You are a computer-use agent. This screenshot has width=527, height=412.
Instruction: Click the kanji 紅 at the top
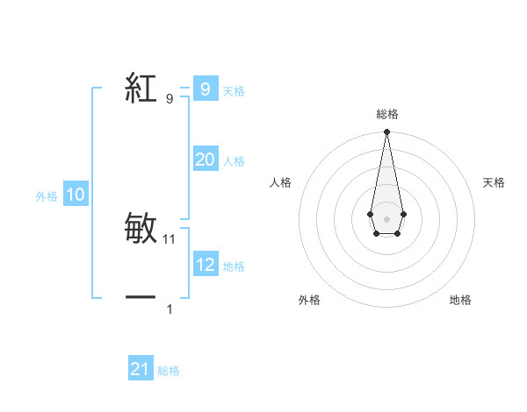tap(141, 89)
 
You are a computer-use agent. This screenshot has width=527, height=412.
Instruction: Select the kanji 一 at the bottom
tap(141, 299)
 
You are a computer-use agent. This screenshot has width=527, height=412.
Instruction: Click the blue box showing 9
tap(205, 89)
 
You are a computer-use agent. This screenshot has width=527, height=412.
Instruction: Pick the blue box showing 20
tap(205, 160)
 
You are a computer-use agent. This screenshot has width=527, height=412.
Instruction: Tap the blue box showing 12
tap(205, 264)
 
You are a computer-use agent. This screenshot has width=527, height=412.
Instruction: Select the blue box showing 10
tap(76, 195)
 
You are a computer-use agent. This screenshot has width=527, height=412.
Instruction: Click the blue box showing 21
tap(141, 369)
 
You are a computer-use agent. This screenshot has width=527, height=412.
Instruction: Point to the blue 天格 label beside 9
tap(234, 91)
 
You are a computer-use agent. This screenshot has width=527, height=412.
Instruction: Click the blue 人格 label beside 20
tap(234, 161)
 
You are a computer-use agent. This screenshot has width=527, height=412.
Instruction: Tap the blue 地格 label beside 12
tap(234, 266)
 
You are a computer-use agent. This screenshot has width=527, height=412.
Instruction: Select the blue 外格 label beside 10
tap(47, 196)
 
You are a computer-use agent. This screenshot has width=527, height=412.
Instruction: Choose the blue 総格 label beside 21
tap(169, 371)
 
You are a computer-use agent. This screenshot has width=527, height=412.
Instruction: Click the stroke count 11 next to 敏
tap(170, 238)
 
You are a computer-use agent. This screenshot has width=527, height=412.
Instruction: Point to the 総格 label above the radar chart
tap(386, 114)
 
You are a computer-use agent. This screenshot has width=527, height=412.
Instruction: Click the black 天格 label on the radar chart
tap(495, 182)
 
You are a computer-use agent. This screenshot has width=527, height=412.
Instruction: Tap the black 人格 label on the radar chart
tap(280, 182)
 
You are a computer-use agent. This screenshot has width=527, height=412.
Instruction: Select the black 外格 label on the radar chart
tap(309, 301)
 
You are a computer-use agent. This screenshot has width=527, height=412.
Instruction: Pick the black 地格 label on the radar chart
tap(460, 301)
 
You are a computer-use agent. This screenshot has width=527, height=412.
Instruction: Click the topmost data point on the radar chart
tap(386, 132)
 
